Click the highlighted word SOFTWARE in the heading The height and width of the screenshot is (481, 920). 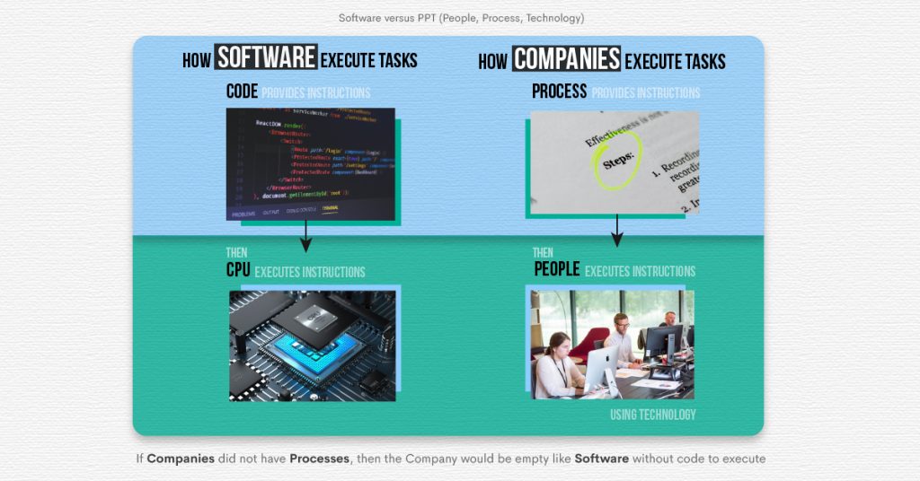(266, 59)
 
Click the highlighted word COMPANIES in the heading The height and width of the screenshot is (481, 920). (566, 60)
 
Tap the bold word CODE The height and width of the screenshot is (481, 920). (242, 92)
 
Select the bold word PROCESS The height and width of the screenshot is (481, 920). (559, 92)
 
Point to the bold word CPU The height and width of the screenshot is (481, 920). (238, 271)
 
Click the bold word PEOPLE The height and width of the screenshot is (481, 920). (556, 270)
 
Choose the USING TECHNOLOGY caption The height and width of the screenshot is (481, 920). (652, 415)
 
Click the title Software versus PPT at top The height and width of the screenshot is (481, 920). (460, 18)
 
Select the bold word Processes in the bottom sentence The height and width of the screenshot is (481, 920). (319, 459)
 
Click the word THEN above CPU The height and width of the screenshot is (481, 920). (236, 253)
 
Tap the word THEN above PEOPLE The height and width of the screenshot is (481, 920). (543, 252)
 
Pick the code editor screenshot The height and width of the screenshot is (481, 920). (310, 163)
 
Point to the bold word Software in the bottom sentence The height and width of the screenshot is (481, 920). (601, 459)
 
